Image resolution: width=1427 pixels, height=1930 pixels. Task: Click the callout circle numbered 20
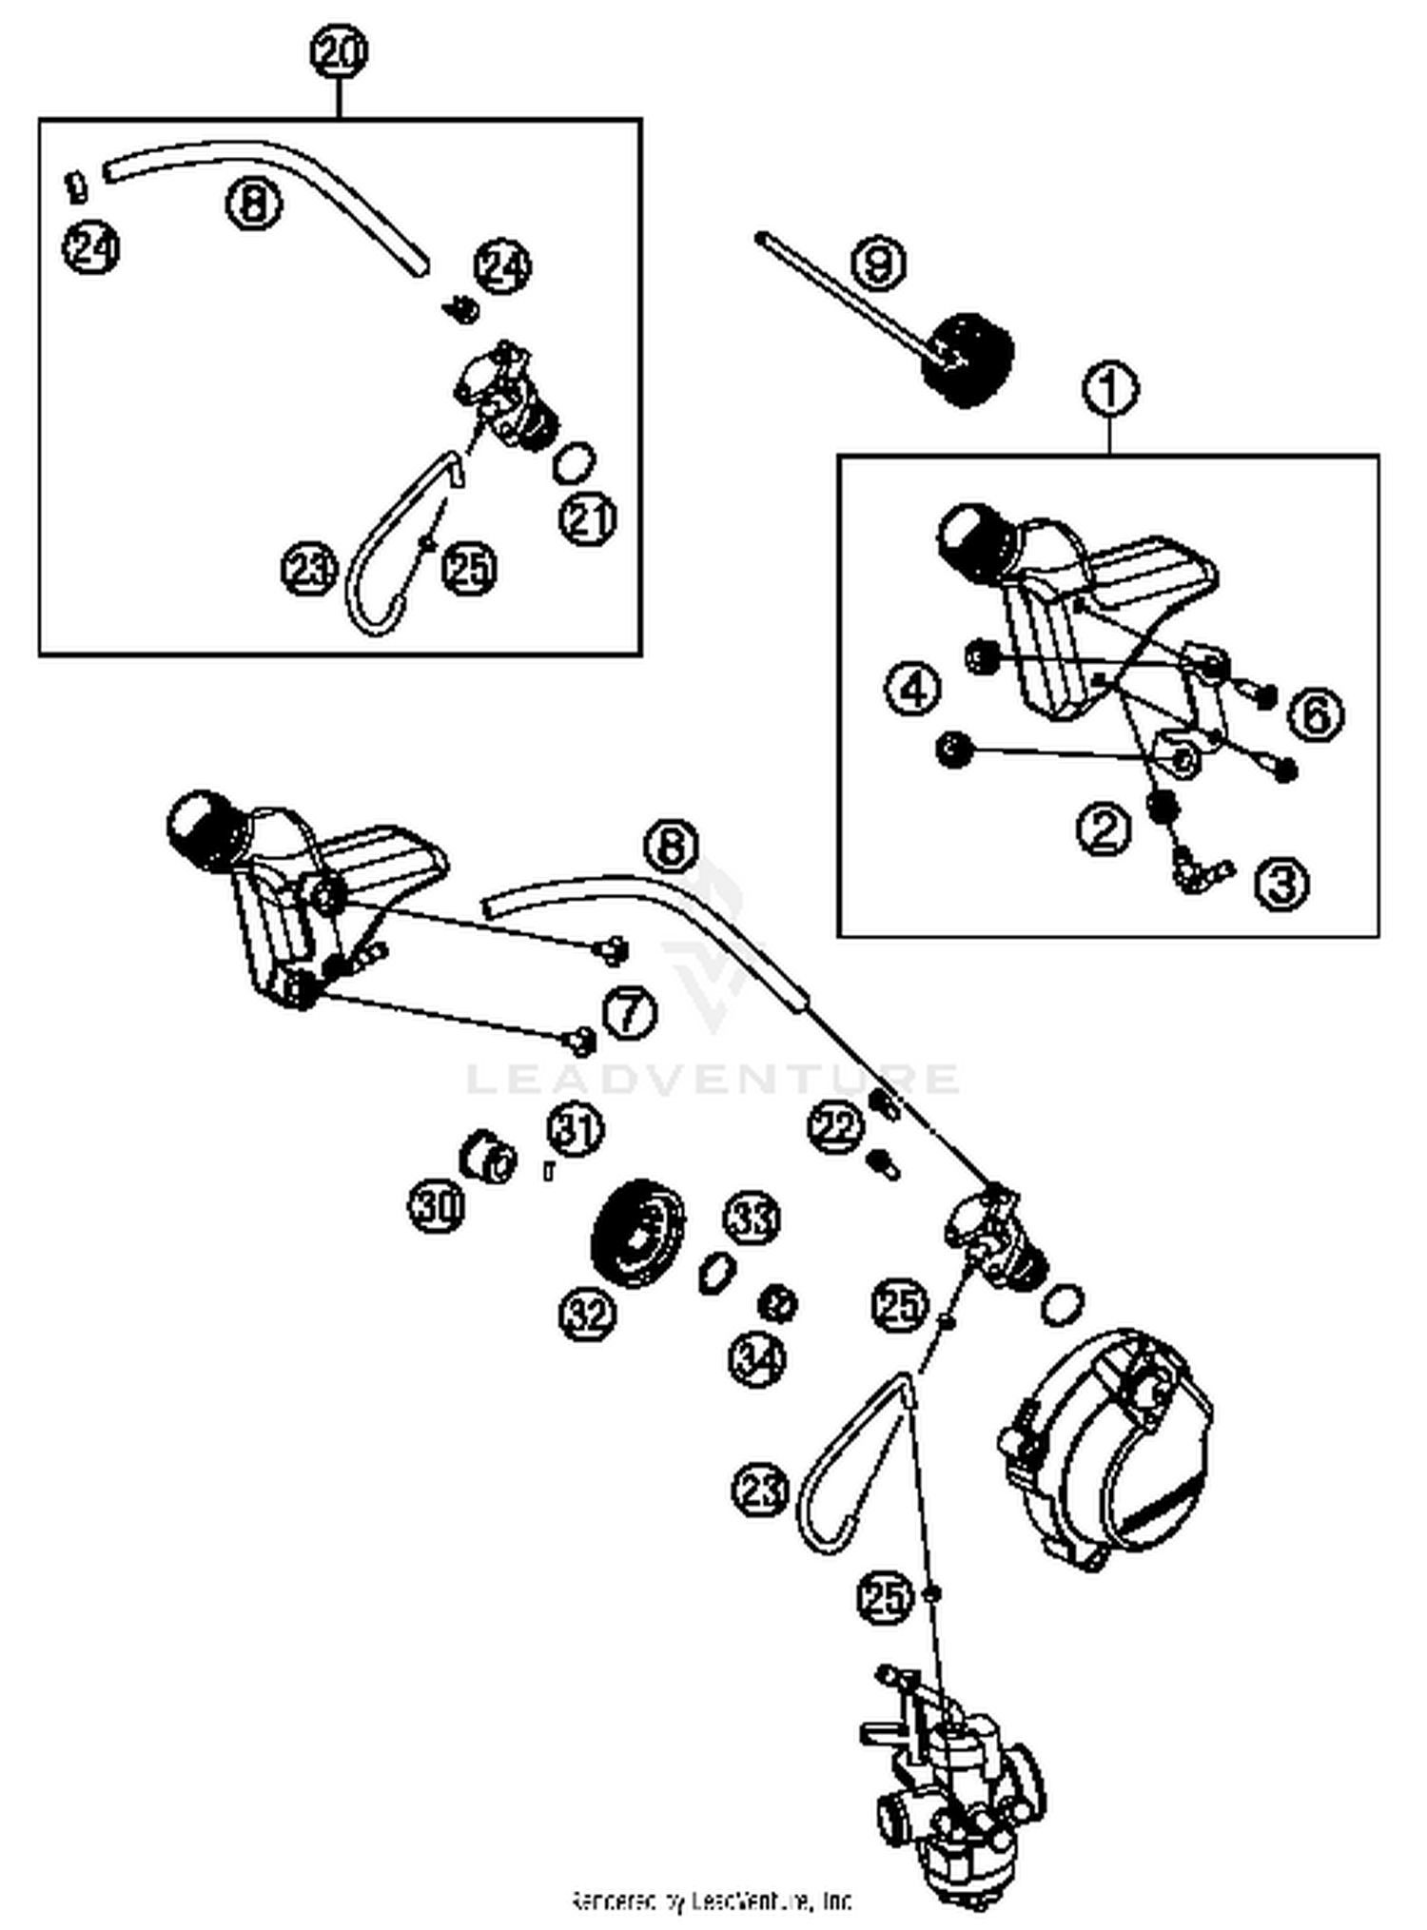(340, 52)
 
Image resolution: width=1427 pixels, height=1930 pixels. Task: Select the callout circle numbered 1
(1110, 388)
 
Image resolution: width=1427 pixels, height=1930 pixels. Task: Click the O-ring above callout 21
(574, 462)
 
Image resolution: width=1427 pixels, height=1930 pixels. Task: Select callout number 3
(1282, 884)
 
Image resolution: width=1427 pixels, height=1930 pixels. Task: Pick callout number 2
(1104, 829)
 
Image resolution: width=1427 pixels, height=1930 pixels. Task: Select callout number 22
(835, 1127)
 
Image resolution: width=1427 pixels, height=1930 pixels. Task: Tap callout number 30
(437, 1206)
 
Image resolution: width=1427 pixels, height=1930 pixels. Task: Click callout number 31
(576, 1129)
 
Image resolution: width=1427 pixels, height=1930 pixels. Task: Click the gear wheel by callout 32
(637, 1234)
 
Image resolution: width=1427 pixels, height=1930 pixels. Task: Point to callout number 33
(753, 1218)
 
